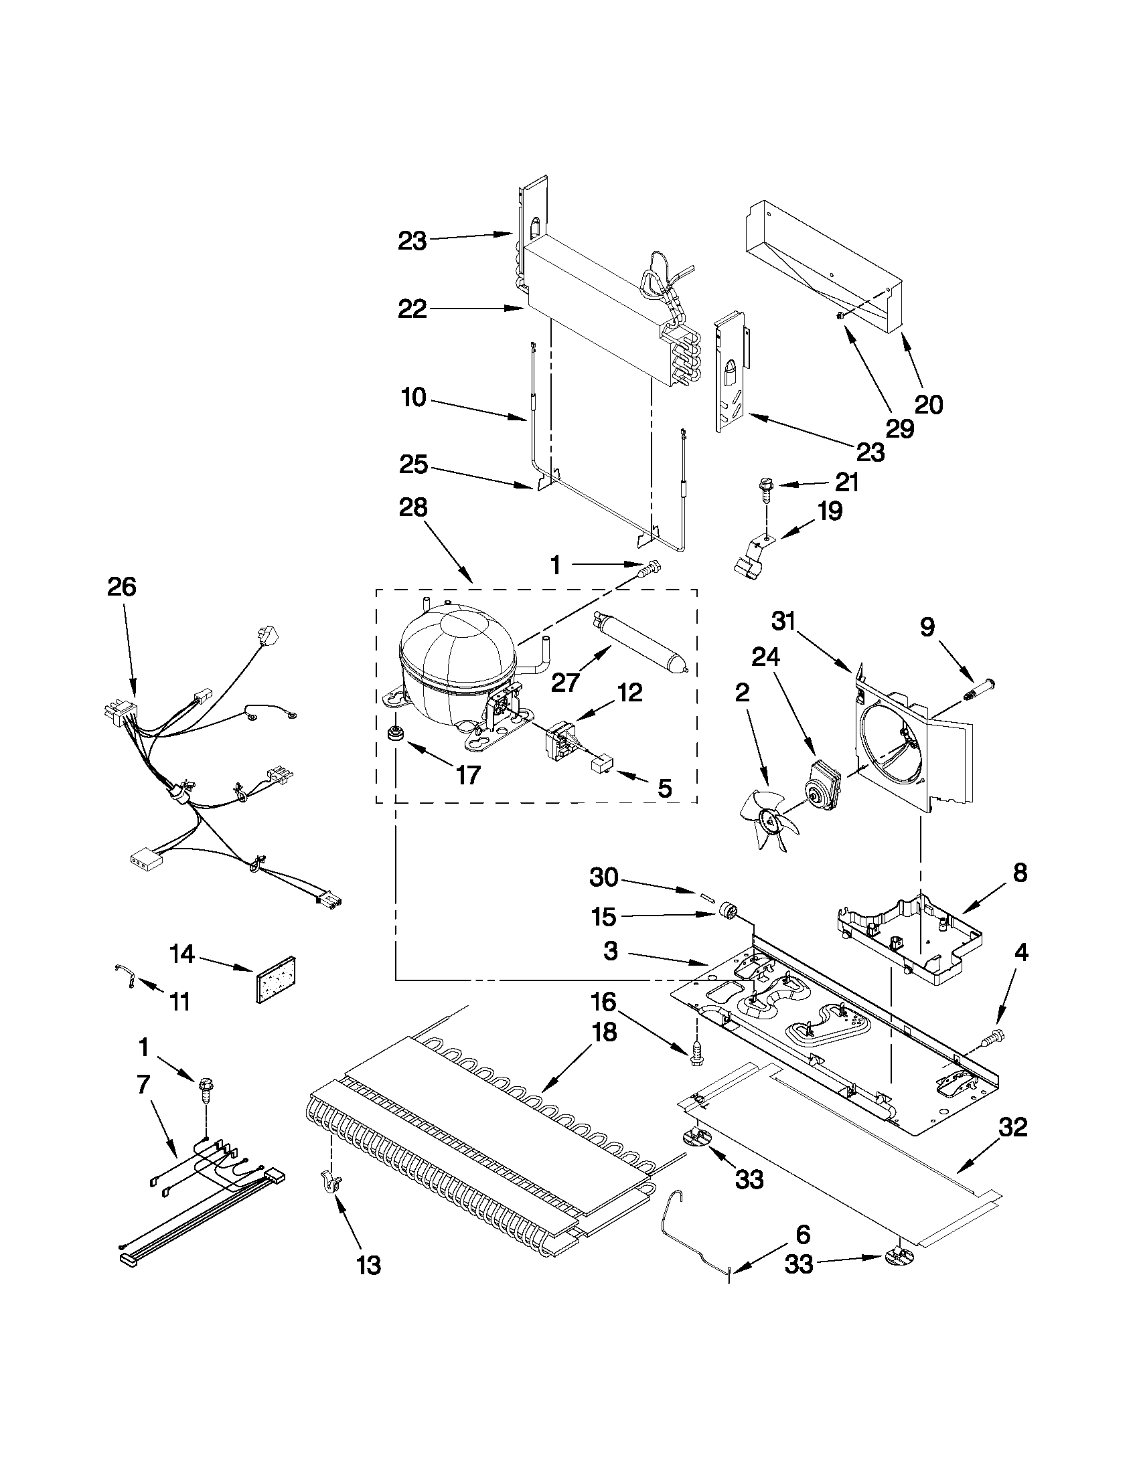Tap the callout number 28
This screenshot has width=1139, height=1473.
413,507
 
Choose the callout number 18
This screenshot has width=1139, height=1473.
604,1033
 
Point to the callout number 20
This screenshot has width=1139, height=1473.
929,404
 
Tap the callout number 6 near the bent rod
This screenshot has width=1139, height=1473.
802,1235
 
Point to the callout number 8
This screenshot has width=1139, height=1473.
1020,873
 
